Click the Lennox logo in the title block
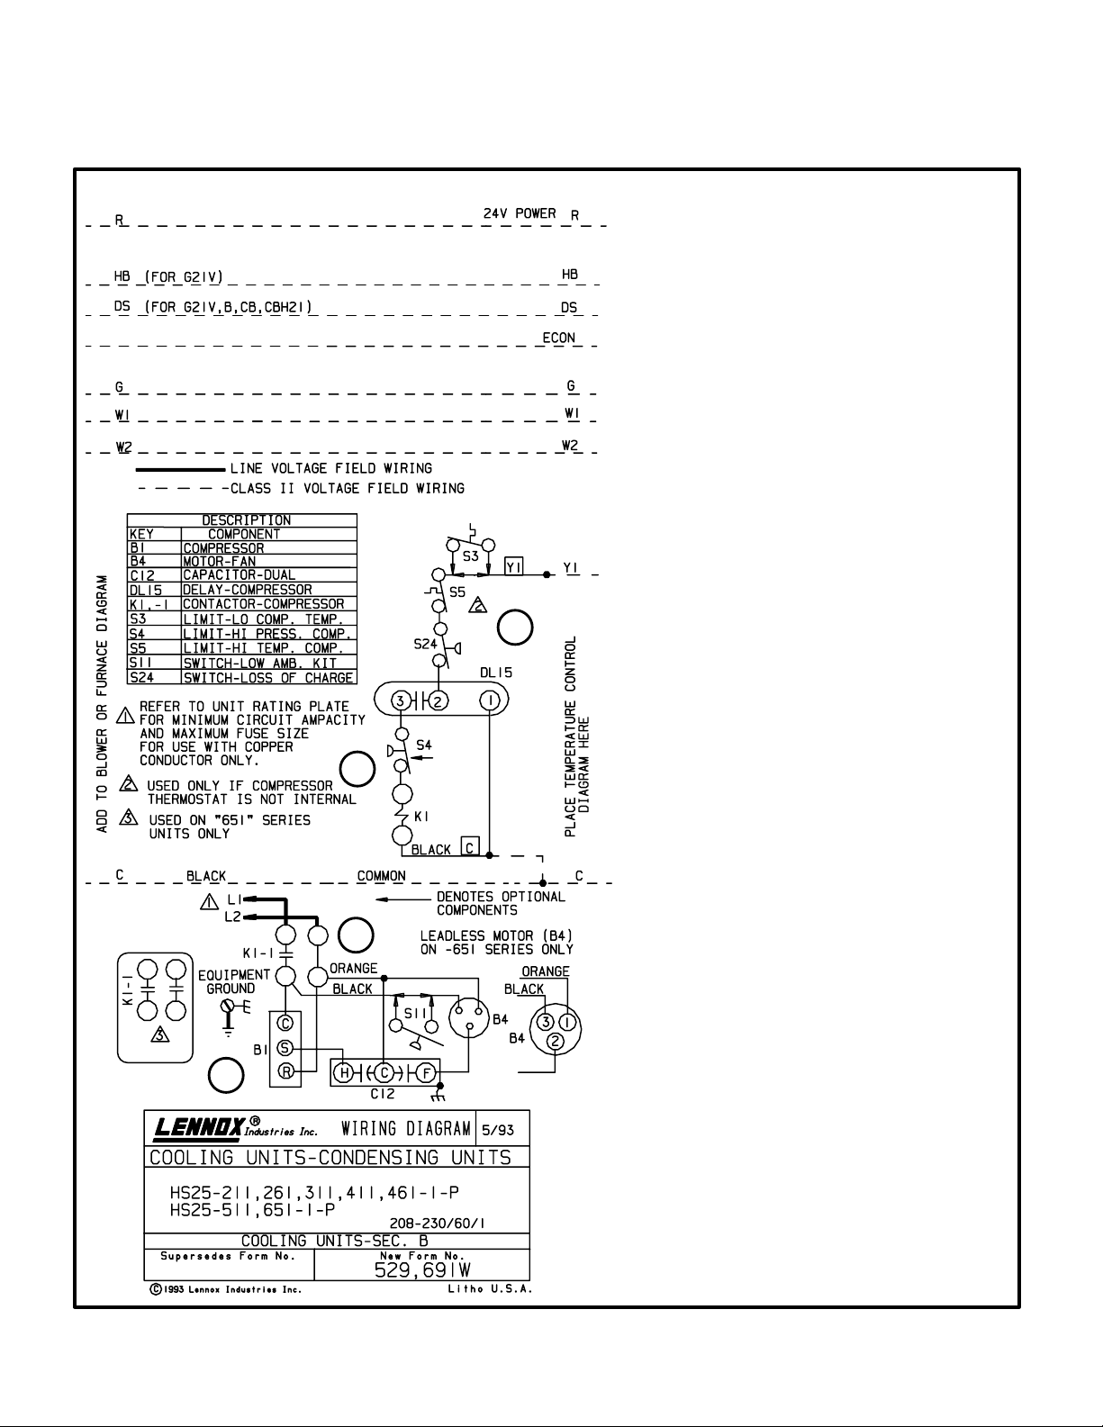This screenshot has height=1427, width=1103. click(235, 1129)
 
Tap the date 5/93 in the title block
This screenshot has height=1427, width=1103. click(498, 1130)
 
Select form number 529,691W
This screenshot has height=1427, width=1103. click(422, 1270)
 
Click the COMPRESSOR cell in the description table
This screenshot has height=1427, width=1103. click(223, 548)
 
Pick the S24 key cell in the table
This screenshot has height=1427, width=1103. click(141, 677)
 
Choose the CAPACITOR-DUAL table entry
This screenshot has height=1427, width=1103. click(239, 575)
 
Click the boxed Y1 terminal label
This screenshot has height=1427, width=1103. click(513, 566)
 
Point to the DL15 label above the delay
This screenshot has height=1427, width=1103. click(496, 673)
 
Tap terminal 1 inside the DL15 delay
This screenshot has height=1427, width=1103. click(490, 700)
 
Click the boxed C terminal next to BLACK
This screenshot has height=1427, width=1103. click(470, 846)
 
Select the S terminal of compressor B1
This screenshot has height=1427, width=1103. click(285, 1047)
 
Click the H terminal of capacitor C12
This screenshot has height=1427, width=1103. click(343, 1073)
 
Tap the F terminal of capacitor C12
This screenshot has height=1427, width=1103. click(426, 1073)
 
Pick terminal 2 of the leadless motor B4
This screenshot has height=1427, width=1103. click(556, 1041)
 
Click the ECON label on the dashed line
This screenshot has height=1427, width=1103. click(559, 338)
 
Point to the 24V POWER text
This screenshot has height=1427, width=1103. click(520, 213)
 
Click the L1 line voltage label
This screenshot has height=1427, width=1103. click(234, 899)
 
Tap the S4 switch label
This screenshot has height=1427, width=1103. click(424, 745)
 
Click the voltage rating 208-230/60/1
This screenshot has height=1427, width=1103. click(438, 1224)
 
